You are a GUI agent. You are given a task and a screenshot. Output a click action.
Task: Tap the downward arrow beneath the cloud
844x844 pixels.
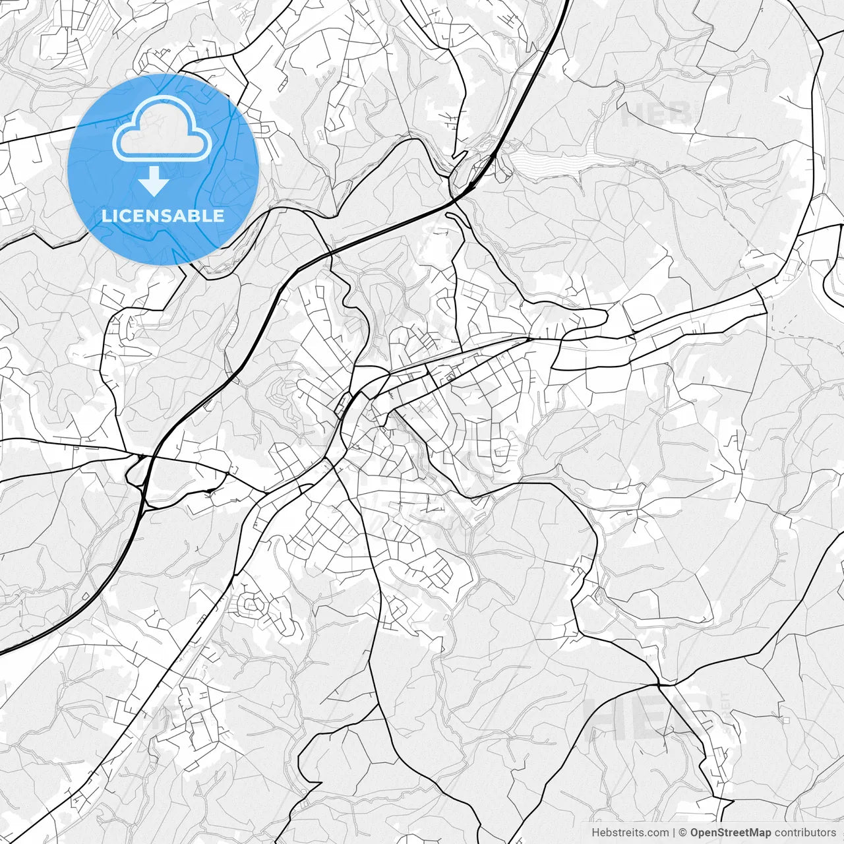point(154,181)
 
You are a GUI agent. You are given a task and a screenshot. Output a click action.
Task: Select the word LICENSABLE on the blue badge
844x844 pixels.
point(163,216)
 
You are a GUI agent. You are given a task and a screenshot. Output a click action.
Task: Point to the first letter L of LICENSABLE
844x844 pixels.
point(105,216)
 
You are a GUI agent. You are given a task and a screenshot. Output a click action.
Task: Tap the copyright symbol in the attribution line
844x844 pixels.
point(683,833)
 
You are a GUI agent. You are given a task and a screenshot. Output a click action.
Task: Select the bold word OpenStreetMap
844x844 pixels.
point(730,833)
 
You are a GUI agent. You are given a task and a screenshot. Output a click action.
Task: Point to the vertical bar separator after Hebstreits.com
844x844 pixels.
point(674,833)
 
